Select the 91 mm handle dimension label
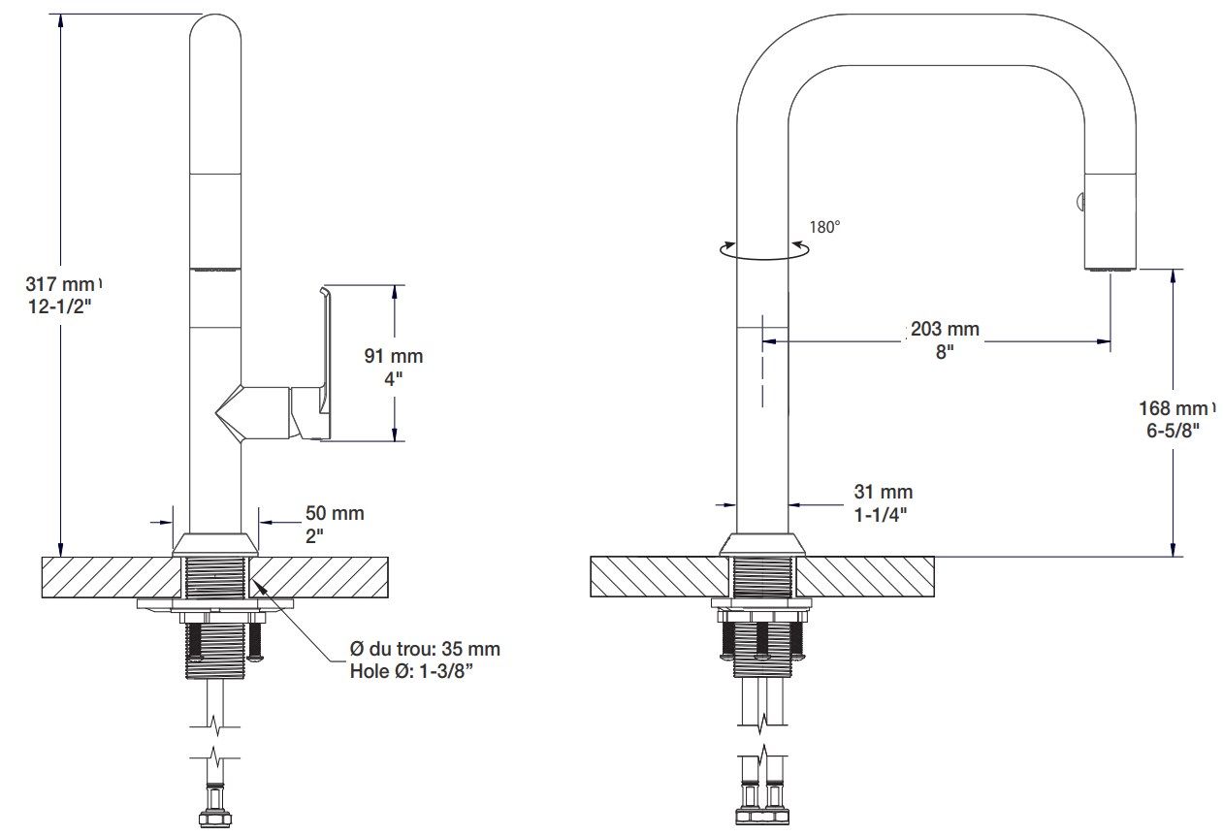click(393, 356)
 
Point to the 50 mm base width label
click(335, 513)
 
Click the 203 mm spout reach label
click(945, 329)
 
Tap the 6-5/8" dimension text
click(1173, 430)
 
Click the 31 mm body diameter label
click(883, 492)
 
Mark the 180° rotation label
click(824, 226)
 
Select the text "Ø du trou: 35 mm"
click(425, 649)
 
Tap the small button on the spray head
click(1078, 202)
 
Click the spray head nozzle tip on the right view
click(1110, 267)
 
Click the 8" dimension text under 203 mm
click(944, 351)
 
